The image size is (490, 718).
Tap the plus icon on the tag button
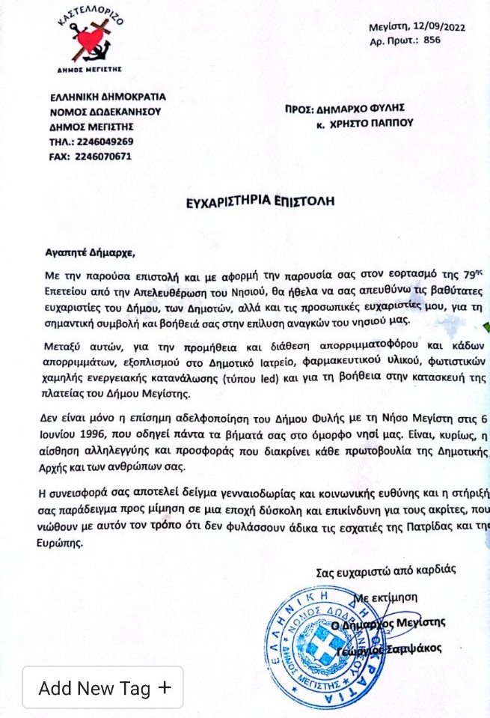[x=165, y=687]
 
